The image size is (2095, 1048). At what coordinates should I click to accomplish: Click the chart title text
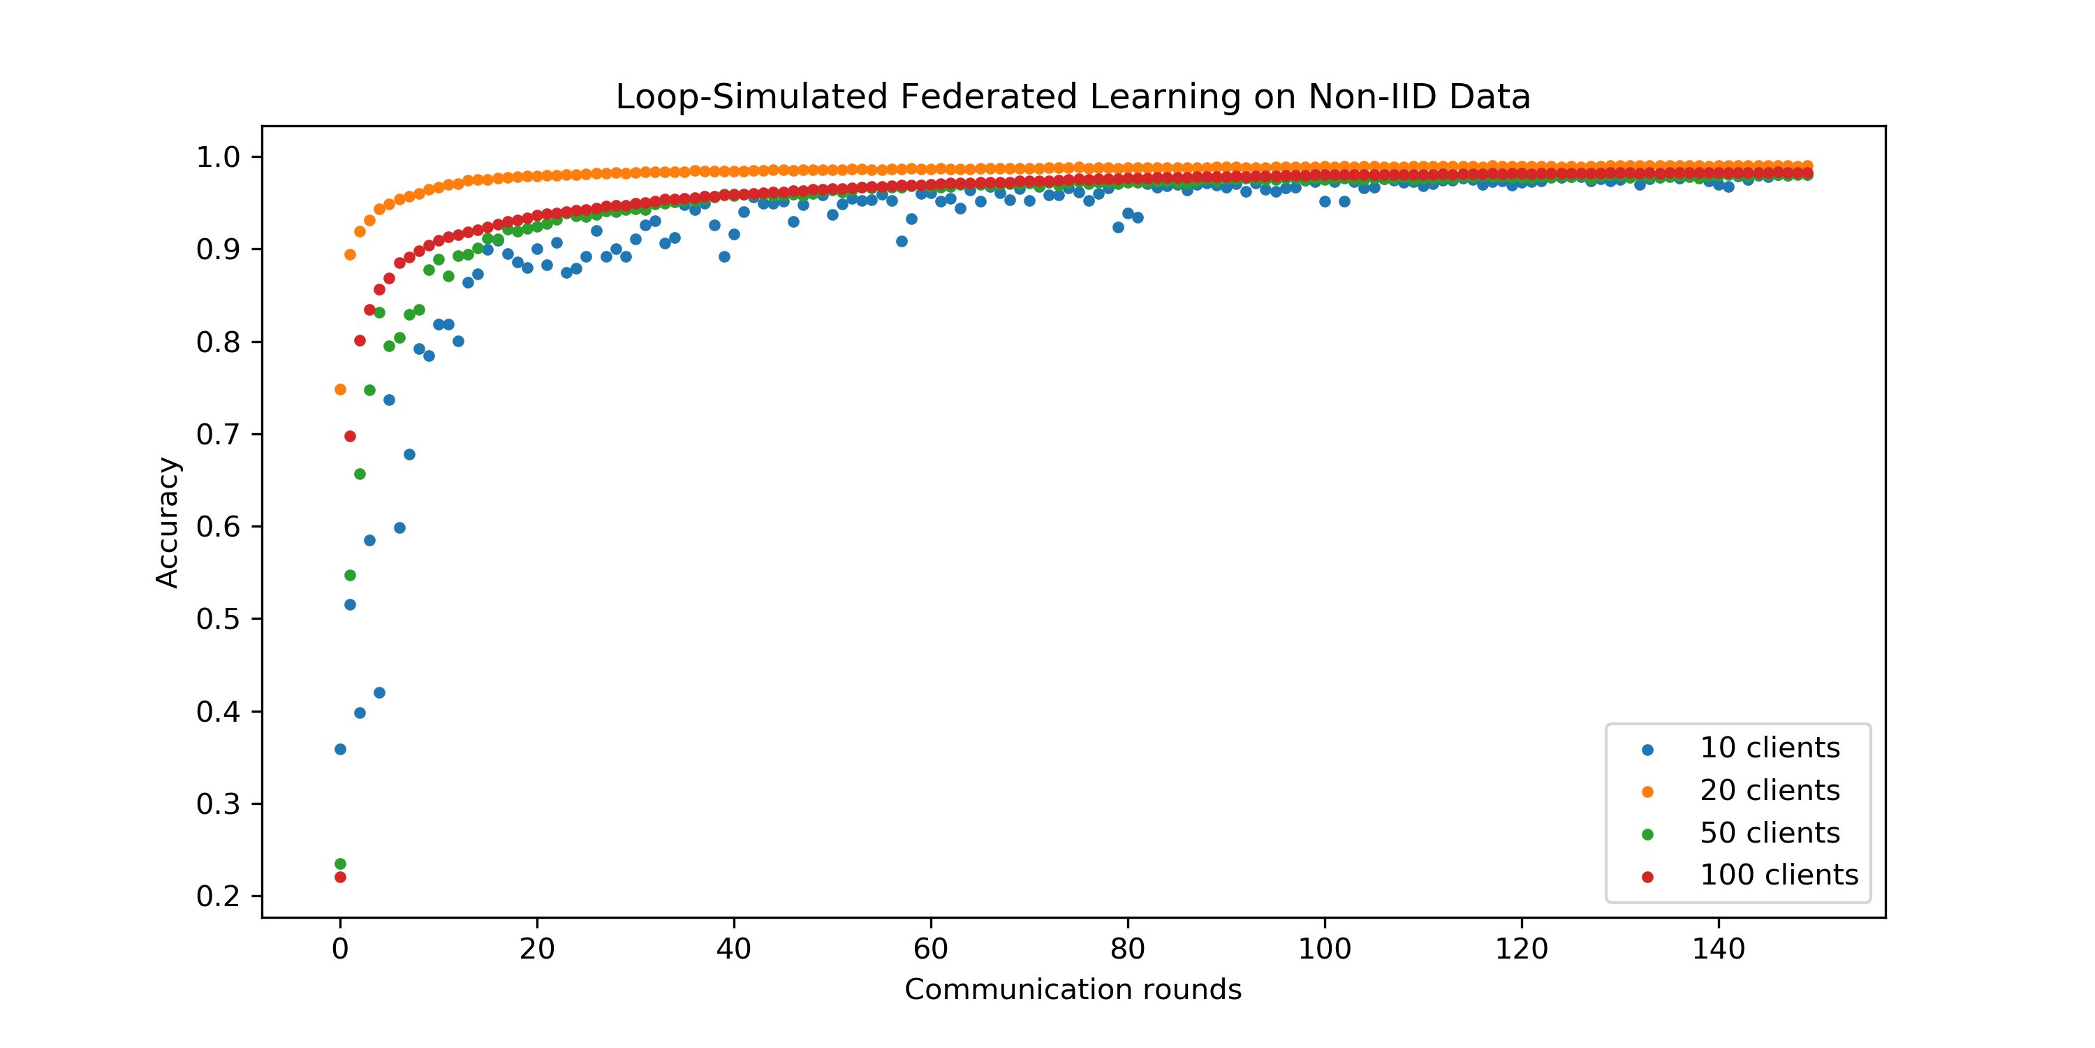(1073, 97)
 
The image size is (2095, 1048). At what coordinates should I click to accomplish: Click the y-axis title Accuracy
(168, 523)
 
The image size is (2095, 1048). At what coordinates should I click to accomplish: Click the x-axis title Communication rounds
(1073, 989)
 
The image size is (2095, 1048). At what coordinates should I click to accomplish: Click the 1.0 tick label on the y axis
(218, 157)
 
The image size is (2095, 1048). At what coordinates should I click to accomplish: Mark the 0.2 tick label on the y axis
(218, 896)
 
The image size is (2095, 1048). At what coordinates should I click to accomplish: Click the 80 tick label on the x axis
(1127, 949)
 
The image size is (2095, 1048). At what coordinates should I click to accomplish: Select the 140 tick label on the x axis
(1718, 949)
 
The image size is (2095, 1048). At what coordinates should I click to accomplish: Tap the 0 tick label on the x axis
(340, 949)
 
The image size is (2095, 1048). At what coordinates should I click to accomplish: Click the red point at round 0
(340, 877)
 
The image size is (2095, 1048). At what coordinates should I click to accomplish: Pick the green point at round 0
(340, 864)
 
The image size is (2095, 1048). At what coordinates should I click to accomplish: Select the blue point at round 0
(340, 750)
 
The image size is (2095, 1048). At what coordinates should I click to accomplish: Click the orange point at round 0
(340, 390)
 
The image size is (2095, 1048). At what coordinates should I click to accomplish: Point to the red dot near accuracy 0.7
(350, 437)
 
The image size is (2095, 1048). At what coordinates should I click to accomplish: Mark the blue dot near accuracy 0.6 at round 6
(399, 528)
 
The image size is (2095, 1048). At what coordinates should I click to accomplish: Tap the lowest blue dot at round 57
(901, 242)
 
